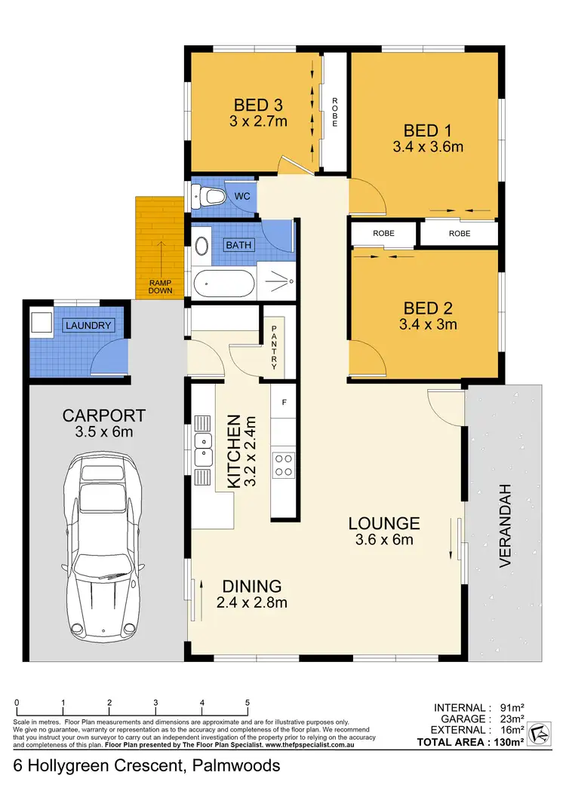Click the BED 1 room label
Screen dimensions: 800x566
428,129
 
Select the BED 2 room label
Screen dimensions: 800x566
428,308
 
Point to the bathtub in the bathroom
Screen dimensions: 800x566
223,285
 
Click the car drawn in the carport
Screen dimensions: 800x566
105,543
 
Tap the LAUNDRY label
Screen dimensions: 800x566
88,326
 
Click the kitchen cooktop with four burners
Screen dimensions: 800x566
284,464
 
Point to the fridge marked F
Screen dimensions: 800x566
284,403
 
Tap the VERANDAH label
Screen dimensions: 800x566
506,525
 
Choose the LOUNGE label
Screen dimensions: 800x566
384,523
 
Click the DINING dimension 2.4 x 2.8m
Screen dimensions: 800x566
252,602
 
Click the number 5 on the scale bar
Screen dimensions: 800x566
248,703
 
